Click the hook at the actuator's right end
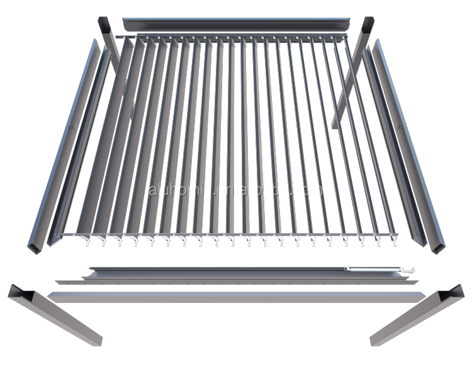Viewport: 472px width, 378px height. pyautogui.click(x=413, y=270)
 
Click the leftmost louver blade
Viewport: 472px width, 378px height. pyautogui.click(x=94, y=145)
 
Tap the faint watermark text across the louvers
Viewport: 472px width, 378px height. pyautogui.click(x=236, y=189)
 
